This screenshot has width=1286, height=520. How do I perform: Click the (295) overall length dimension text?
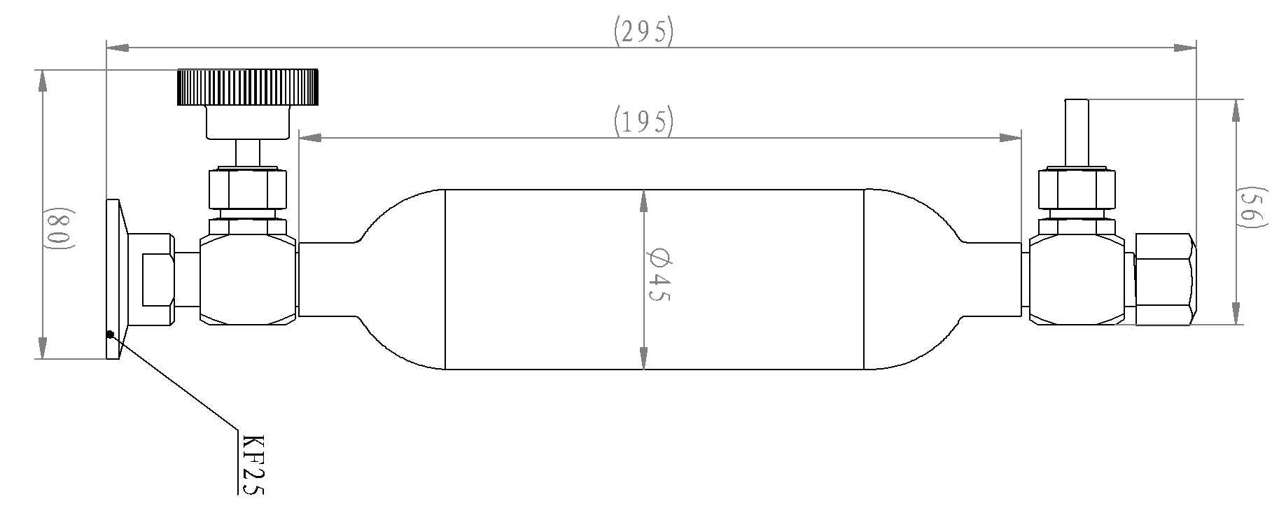(x=643, y=32)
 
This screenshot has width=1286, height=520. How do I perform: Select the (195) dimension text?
(x=643, y=122)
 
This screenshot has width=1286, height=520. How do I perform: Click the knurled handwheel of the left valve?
(x=248, y=87)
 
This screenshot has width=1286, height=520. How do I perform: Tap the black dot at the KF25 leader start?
(x=110, y=333)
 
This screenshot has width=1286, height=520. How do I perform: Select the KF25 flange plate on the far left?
(x=113, y=279)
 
